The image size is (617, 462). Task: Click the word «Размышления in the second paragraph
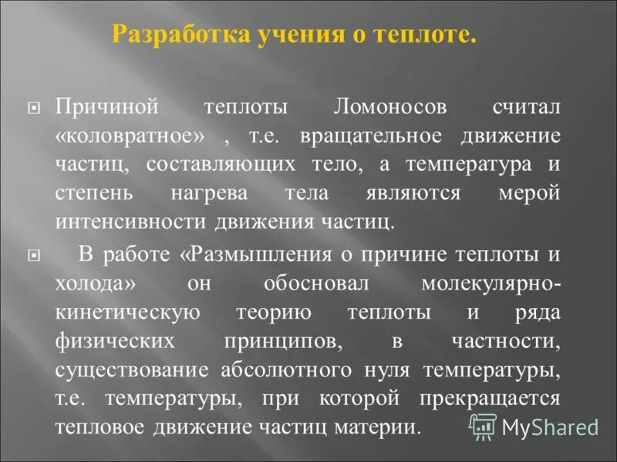248,253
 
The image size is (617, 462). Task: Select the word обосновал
319,282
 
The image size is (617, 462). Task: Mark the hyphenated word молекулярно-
491,282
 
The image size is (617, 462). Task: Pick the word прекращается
490,397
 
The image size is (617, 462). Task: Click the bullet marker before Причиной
32,109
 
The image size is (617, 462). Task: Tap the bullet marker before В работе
32,254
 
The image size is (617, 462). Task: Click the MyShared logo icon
483,423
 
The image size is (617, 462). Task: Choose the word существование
132,368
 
